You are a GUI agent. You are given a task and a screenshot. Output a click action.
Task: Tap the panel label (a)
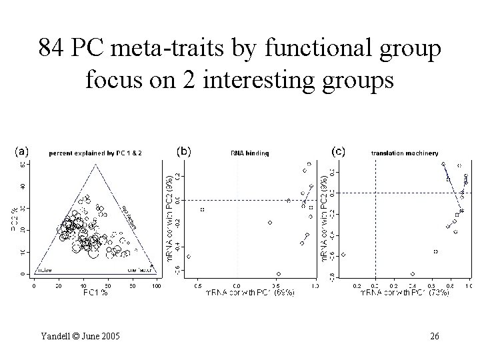pos(23,151)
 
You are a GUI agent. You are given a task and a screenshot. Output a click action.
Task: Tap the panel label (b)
pos(183,151)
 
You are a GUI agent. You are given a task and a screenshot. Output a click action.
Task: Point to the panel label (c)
pos(339,151)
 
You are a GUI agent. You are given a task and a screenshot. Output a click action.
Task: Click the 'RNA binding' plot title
pos(250,153)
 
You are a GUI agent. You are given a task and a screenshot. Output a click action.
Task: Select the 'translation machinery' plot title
pos(405,153)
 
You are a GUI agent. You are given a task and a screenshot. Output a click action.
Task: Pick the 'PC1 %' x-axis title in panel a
pos(95,293)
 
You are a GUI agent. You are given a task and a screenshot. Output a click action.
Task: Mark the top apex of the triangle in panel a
pos(95,163)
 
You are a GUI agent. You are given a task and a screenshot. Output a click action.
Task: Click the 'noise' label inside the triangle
pos(45,270)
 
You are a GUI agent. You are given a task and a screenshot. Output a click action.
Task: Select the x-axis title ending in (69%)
pos(251,293)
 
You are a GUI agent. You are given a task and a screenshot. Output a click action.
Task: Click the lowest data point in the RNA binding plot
pos(278,273)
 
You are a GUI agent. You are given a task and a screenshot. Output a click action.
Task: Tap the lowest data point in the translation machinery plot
pos(413,273)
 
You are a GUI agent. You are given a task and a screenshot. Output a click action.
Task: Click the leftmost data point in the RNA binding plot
pos(189,256)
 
